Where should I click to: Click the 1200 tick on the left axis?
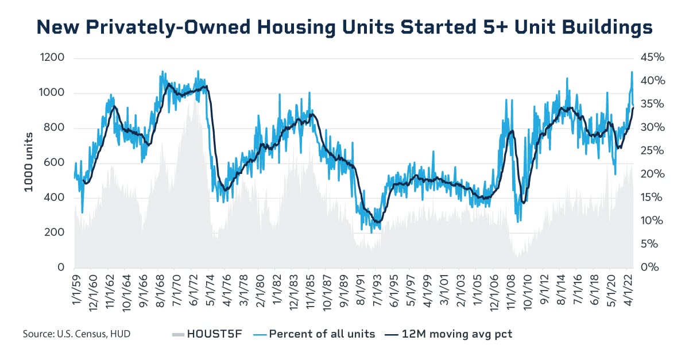coord(52,58)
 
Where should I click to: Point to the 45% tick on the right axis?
coord(651,58)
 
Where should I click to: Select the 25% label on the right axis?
coord(651,151)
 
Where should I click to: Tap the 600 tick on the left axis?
coord(54,163)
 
